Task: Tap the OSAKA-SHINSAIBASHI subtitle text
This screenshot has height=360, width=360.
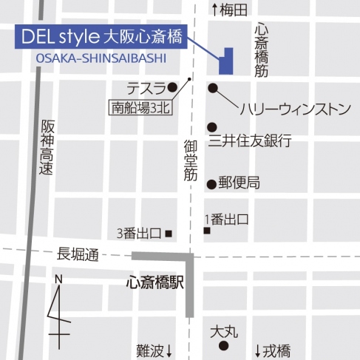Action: point(100,58)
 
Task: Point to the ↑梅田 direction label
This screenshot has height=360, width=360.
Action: point(229,10)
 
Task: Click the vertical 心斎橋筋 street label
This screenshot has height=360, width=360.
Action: point(260,49)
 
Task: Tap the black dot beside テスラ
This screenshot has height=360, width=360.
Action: point(172,86)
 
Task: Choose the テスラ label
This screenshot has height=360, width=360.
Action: point(145,86)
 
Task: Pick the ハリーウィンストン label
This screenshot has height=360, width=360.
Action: point(294,109)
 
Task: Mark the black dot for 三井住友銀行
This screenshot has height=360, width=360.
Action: point(211,127)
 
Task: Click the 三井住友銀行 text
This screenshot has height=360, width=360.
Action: point(250,140)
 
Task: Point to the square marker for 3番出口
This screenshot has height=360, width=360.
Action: point(169,234)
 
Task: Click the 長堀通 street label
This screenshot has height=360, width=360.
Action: point(78,255)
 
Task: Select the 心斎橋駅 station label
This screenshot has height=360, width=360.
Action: point(154,282)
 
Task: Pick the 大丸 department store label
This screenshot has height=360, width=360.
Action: point(224,331)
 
